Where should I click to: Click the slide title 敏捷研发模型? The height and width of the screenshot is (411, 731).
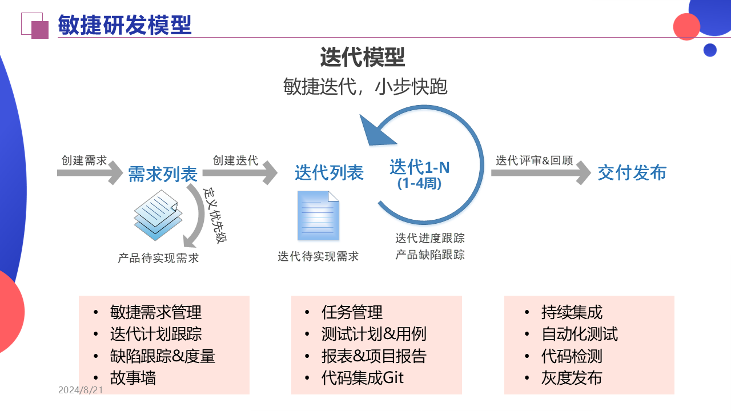click(124, 25)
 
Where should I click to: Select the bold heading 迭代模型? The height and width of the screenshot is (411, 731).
click(362, 58)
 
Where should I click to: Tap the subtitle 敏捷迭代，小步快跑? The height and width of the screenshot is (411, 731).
click(365, 87)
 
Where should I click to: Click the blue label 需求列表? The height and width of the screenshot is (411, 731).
click(163, 174)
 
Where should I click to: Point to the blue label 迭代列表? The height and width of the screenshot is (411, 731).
click(329, 172)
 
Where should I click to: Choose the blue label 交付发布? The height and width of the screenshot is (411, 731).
click(632, 172)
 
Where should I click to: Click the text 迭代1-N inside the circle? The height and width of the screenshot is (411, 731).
click(420, 167)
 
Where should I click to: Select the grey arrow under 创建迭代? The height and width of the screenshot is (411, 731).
click(243, 172)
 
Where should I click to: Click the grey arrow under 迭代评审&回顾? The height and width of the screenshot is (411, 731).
click(540, 172)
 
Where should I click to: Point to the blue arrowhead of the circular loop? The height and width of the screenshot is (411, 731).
click(377, 128)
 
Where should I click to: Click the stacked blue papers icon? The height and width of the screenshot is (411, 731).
click(158, 215)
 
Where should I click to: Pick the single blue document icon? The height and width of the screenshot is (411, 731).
click(318, 216)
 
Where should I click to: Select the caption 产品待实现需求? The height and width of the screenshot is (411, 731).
click(158, 258)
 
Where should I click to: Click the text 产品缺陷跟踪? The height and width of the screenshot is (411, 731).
click(430, 255)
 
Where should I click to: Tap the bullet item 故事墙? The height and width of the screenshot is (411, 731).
click(133, 378)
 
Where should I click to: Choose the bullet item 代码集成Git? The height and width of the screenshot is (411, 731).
click(362, 378)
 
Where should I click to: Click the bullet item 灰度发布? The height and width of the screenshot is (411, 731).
click(571, 378)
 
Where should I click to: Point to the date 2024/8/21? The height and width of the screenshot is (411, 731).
click(81, 390)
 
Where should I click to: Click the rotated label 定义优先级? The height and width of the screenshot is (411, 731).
click(215, 215)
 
